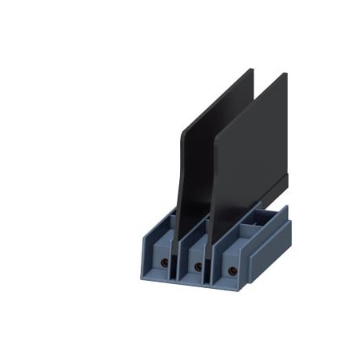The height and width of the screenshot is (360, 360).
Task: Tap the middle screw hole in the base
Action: pos(198,267)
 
